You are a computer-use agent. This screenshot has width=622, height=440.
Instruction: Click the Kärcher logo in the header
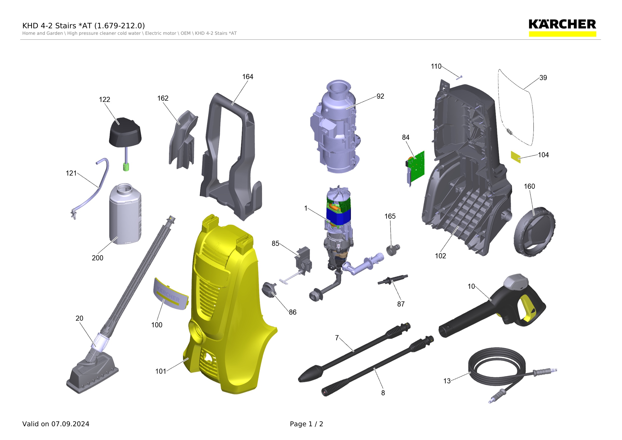click(562, 27)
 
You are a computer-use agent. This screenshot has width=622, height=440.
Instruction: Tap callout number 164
click(248, 77)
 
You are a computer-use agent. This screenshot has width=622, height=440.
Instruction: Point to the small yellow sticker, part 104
click(515, 157)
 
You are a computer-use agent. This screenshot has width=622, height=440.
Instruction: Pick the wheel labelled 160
click(534, 232)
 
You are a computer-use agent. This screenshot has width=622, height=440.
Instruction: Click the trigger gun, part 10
click(493, 305)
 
